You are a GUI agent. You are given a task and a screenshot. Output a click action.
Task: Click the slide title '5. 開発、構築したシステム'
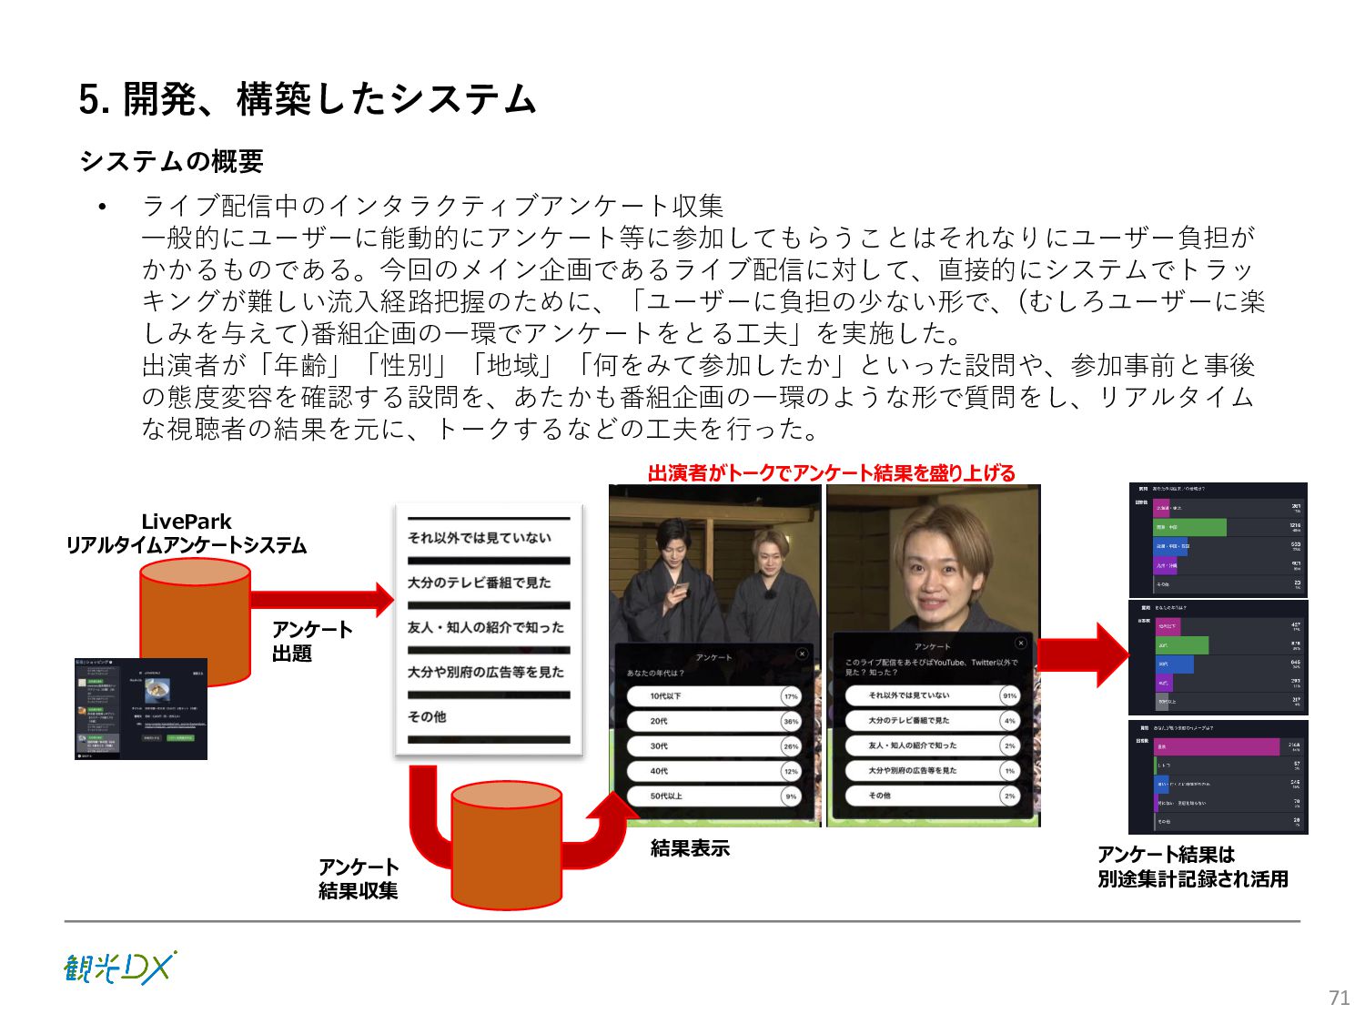[x=308, y=99]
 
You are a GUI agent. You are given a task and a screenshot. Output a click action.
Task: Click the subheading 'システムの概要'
[x=172, y=161]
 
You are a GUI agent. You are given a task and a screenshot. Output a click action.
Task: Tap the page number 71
[x=1339, y=998]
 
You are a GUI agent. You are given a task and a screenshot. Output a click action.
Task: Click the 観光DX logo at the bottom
[x=119, y=968]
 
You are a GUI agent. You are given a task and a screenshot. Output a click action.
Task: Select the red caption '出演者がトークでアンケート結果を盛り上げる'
[x=831, y=472]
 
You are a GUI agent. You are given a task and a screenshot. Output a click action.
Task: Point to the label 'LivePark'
[x=187, y=522]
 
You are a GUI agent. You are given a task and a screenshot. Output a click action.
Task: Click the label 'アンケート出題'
[x=311, y=642]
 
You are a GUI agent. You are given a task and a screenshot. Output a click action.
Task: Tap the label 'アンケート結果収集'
[x=359, y=878]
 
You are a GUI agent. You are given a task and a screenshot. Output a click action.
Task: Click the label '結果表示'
[x=690, y=848]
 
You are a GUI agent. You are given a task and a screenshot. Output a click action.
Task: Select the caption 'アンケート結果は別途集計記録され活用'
[x=1192, y=867]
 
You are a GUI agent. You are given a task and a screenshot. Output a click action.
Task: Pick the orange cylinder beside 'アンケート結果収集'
[x=507, y=847]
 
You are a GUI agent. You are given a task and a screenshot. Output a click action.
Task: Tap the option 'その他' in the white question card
[x=427, y=717]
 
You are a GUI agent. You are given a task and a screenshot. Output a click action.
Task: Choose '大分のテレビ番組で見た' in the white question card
[x=479, y=583]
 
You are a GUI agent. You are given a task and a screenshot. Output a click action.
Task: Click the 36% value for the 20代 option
[x=791, y=721]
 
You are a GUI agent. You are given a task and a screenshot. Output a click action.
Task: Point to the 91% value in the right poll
[x=1009, y=695]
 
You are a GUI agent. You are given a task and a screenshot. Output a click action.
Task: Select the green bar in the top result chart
[x=1190, y=528]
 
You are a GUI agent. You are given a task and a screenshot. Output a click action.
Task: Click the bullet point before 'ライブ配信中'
[x=103, y=207]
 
